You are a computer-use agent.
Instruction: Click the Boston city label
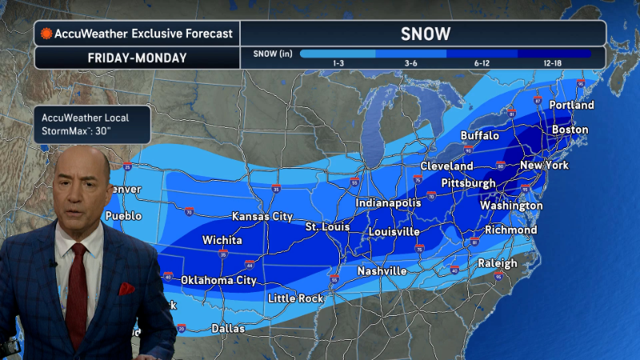[x=570, y=130]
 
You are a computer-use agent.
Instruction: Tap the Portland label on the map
[x=572, y=105]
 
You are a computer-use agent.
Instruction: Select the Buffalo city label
[x=480, y=136]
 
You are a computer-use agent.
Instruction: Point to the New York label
[x=544, y=166]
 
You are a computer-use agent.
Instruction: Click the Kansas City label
[x=262, y=217]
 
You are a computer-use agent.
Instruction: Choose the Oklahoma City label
[x=218, y=280]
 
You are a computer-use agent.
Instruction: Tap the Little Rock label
[x=295, y=298]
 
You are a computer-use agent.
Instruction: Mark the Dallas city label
[x=228, y=328]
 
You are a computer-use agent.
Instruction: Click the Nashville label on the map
[x=381, y=271]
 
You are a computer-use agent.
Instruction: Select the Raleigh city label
[x=498, y=263]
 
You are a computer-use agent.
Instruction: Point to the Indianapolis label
[x=388, y=203]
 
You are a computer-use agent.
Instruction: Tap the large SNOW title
[x=424, y=34]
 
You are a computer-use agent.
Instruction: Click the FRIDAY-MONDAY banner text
[x=136, y=58]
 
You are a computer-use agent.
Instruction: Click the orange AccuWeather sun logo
[x=47, y=34]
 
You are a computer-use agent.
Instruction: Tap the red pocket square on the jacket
[x=126, y=289]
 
